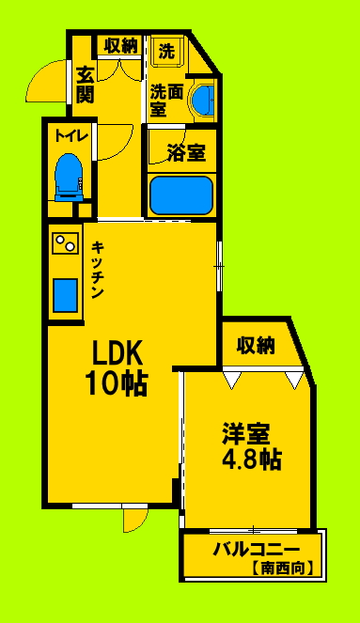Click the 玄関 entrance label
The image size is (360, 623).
click(x=85, y=83)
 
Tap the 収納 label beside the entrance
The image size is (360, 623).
click(x=121, y=44)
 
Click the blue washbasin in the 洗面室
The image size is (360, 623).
click(x=201, y=100)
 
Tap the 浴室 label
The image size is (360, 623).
click(x=185, y=153)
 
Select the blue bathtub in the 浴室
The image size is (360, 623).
click(x=183, y=195)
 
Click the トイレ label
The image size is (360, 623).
click(x=71, y=135)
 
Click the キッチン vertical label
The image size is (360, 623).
click(x=98, y=270)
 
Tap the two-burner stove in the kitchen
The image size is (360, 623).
click(x=66, y=245)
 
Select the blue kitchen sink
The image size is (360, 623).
click(x=66, y=295)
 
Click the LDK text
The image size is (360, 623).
click(x=117, y=352)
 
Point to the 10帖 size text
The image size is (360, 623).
click(x=117, y=383)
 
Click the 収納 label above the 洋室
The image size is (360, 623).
click(x=256, y=345)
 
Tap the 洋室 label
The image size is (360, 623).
click(x=247, y=434)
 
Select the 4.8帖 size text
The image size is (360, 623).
click(x=250, y=460)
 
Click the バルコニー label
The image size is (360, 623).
click(x=255, y=551)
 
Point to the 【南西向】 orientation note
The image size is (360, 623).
click(x=281, y=568)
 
